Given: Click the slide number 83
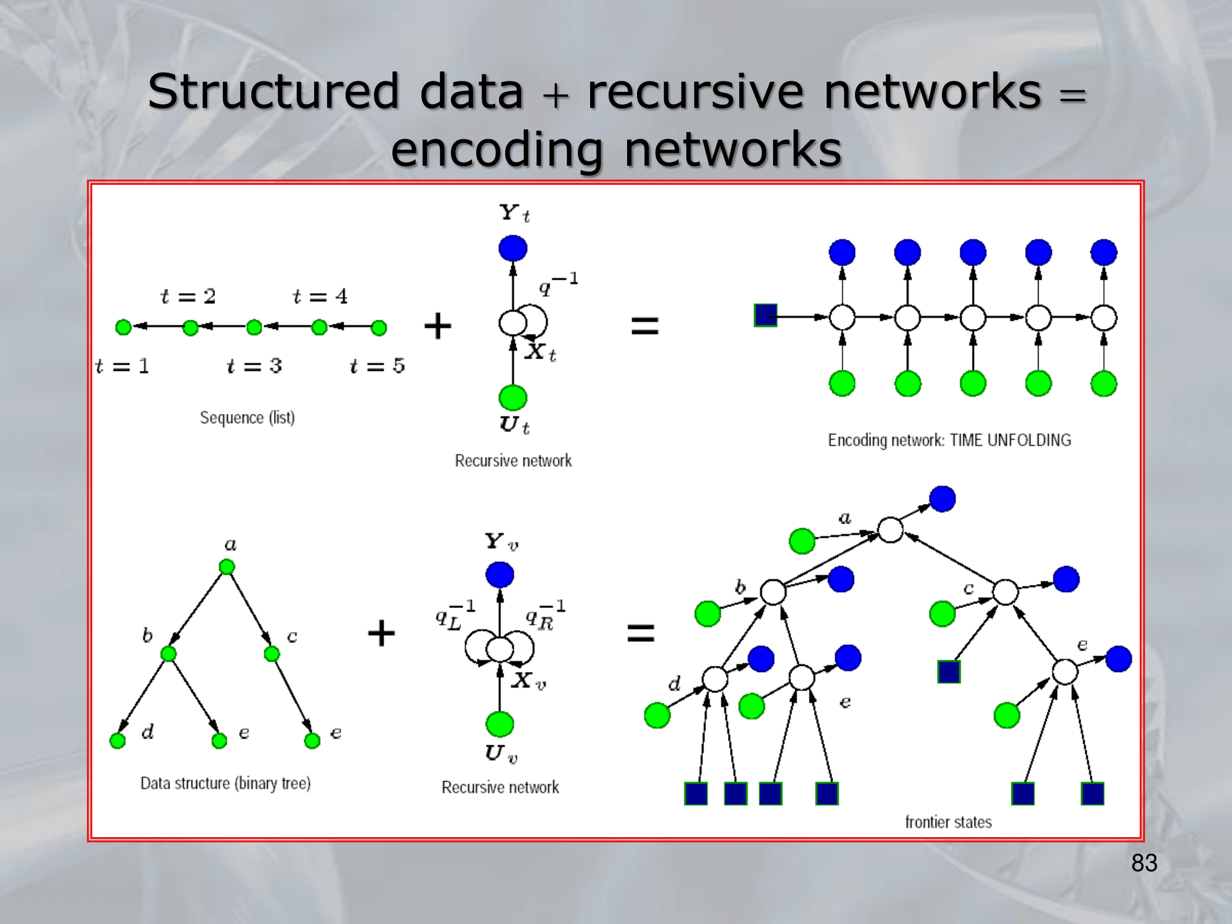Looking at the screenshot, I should (x=1144, y=863).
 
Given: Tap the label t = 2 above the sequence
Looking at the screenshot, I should (x=188, y=296).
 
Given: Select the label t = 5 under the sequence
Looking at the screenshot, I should (x=377, y=366).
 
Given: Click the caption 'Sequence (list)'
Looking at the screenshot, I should (x=247, y=418).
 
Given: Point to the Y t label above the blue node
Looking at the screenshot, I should (x=514, y=213).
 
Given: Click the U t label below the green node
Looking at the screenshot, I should (x=514, y=425).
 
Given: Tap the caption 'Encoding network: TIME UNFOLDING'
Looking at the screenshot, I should (x=949, y=440).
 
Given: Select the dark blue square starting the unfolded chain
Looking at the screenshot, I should (x=766, y=315).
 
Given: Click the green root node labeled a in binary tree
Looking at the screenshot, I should (x=227, y=567).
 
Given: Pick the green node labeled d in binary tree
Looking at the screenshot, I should (x=118, y=740).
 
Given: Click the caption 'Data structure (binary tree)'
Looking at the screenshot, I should (x=225, y=783).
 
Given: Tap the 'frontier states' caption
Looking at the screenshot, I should (x=948, y=822).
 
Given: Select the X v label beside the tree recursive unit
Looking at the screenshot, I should (x=529, y=681).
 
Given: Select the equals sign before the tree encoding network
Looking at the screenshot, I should (x=641, y=633).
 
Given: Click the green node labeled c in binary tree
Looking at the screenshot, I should (x=272, y=654).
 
